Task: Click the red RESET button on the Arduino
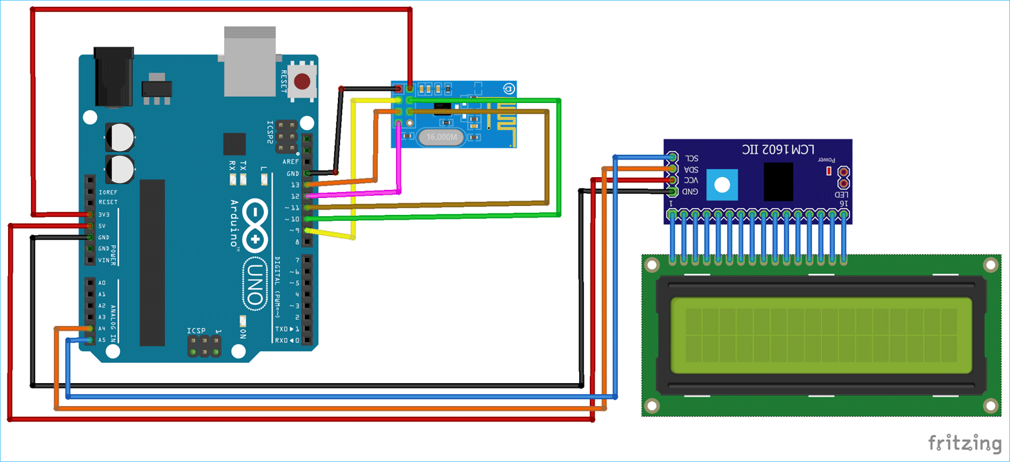[303, 82]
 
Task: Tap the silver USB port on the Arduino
[250, 62]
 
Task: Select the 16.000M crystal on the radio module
[441, 137]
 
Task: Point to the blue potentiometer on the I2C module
[722, 184]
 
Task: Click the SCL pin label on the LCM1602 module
[692, 158]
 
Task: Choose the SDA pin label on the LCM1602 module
[692, 169]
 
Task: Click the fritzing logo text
[964, 443]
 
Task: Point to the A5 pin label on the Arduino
[102, 340]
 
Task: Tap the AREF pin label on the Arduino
[291, 162]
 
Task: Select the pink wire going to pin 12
[401, 162]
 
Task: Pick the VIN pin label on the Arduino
[104, 260]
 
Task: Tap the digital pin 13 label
[294, 185]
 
